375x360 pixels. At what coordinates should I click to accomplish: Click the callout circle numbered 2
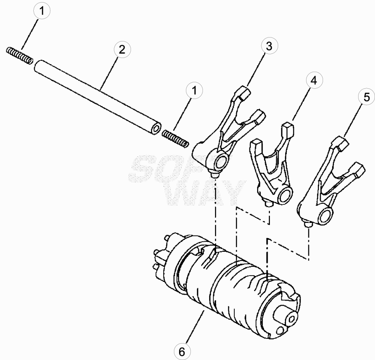pos(122,49)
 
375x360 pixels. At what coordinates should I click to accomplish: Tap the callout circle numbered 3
pos(269,46)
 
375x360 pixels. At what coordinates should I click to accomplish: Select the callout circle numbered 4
pos(314,80)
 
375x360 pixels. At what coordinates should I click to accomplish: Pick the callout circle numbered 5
pos(366,97)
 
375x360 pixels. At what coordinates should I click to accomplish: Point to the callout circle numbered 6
pos(182,351)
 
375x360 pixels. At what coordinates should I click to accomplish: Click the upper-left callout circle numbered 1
pos(42,11)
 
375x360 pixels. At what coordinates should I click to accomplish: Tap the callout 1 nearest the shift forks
pos(194,91)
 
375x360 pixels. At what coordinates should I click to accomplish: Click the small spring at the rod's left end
pos(19,55)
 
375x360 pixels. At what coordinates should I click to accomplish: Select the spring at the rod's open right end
pos(175,139)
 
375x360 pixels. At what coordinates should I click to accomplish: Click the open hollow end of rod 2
pos(156,129)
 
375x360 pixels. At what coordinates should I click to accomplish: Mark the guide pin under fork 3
pos(214,175)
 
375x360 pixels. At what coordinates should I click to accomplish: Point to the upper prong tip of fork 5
pos(342,143)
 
